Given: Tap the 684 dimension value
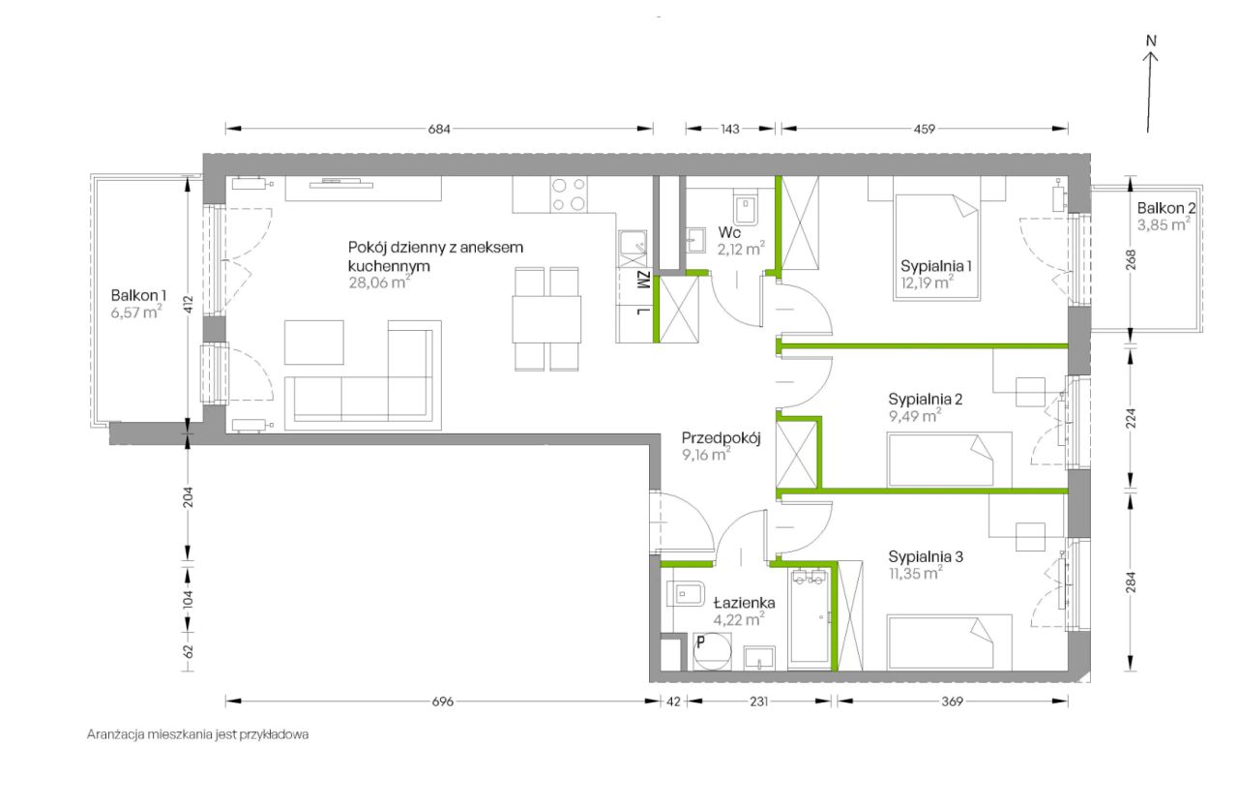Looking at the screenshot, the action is click(x=439, y=129).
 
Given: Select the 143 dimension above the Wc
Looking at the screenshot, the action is click(x=729, y=129).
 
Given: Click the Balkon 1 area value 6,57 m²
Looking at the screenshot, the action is click(x=136, y=313).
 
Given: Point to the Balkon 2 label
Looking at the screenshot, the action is click(x=1166, y=208).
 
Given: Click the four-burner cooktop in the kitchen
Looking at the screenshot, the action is click(x=570, y=194).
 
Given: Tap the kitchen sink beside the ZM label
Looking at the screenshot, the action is click(x=633, y=249).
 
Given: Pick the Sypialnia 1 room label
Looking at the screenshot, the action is click(x=935, y=266).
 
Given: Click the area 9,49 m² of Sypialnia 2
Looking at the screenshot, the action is click(x=915, y=416).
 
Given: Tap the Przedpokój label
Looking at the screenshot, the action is click(x=721, y=438).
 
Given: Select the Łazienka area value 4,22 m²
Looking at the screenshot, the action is click(x=738, y=619).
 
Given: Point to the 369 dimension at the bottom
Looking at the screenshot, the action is click(x=953, y=701).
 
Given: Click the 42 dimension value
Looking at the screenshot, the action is click(x=673, y=701).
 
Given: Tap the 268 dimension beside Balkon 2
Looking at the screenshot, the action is click(x=1131, y=260).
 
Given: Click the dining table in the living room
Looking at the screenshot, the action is click(x=546, y=319).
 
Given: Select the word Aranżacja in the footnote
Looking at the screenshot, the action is click(x=115, y=734).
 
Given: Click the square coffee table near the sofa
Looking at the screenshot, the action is click(x=314, y=343).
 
